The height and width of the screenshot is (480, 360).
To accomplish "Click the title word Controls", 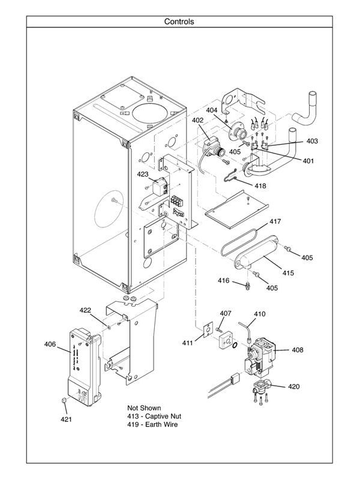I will point(179,22).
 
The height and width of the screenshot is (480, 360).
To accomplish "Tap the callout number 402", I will point(198,120).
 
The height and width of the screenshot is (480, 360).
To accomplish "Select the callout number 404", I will point(212,110).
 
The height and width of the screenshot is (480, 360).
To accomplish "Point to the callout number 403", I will point(311,142).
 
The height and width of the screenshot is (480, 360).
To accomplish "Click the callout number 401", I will point(307,160).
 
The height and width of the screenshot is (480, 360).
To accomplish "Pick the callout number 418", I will point(259,186).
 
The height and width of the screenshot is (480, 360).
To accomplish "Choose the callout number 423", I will point(142,175).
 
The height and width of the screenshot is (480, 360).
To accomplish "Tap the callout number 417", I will point(274,222).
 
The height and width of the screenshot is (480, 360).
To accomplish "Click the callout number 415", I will point(289,273).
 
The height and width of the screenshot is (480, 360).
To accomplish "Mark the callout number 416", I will point(223,280).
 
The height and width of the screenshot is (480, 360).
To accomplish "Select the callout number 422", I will point(85,310).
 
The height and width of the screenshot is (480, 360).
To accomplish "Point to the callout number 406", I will point(50,344).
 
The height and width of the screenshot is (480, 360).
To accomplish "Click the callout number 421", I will point(65,419).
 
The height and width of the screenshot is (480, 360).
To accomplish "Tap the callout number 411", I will point(188,343).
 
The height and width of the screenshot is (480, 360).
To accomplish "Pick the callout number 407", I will point(225,313).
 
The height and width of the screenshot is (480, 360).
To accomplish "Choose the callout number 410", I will point(259,314).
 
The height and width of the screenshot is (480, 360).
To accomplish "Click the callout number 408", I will point(298,350).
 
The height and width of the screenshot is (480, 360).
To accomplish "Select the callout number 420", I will point(293,386).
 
